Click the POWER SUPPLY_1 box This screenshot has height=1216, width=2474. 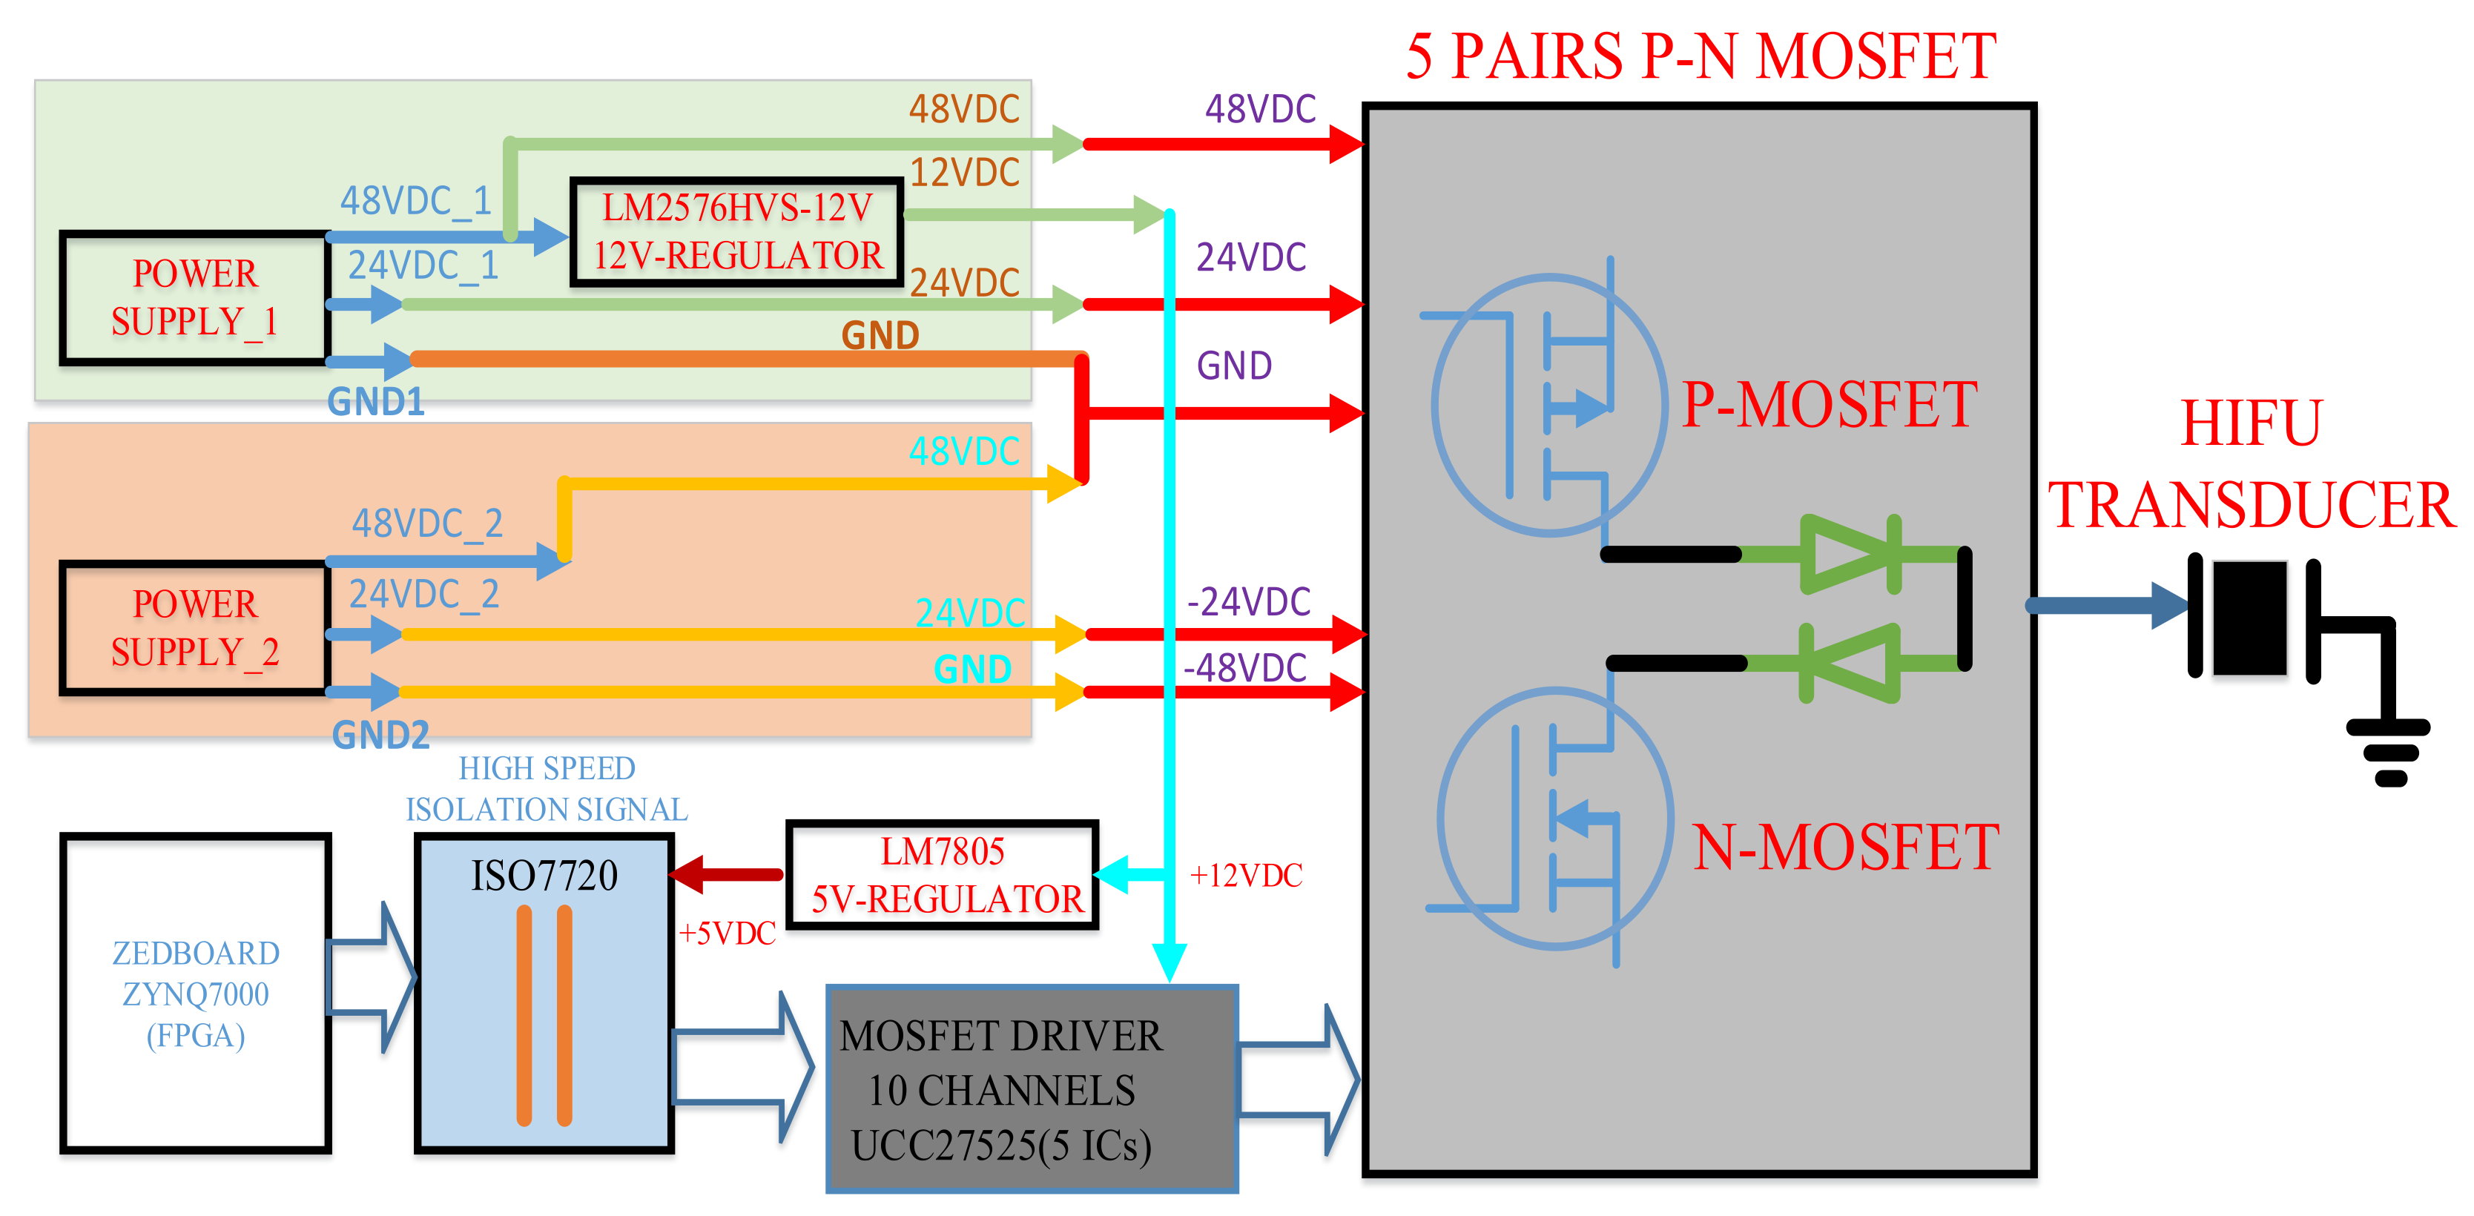(195, 298)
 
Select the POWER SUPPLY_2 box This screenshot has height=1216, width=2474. (195, 628)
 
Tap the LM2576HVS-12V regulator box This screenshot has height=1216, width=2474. (736, 231)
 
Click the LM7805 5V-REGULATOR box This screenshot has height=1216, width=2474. (942, 874)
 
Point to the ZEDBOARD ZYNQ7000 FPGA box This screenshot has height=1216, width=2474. (195, 993)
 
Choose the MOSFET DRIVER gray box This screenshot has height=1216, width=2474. (1032, 1088)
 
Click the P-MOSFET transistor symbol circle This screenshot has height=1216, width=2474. (1548, 404)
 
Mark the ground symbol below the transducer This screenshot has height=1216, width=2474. (2389, 754)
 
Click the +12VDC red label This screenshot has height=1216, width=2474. (1246, 875)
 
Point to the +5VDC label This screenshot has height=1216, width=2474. (727, 933)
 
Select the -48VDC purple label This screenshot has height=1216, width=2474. (1246, 667)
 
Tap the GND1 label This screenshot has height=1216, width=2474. (375, 401)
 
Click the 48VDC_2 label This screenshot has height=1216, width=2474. (427, 523)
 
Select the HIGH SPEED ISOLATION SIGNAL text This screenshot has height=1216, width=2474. (547, 789)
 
